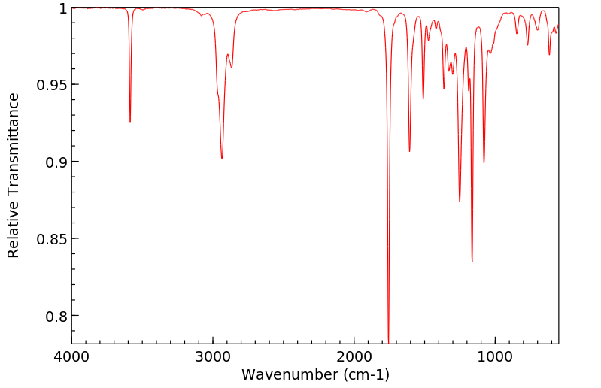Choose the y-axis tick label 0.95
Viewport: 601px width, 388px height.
point(51,85)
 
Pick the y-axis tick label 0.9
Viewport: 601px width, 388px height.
point(56,162)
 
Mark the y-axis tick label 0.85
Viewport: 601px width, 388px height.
point(51,239)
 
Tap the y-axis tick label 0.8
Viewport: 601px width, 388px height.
point(56,316)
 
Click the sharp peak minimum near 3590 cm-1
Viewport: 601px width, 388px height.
point(130,122)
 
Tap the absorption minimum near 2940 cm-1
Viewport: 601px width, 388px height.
point(222,159)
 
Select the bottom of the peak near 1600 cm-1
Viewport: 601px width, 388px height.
point(409,151)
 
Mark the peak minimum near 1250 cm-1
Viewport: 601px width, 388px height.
point(460,202)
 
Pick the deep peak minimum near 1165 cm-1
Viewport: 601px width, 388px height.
point(472,262)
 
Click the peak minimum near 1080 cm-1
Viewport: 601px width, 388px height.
point(484,162)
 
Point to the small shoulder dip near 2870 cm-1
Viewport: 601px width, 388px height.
point(232,68)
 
